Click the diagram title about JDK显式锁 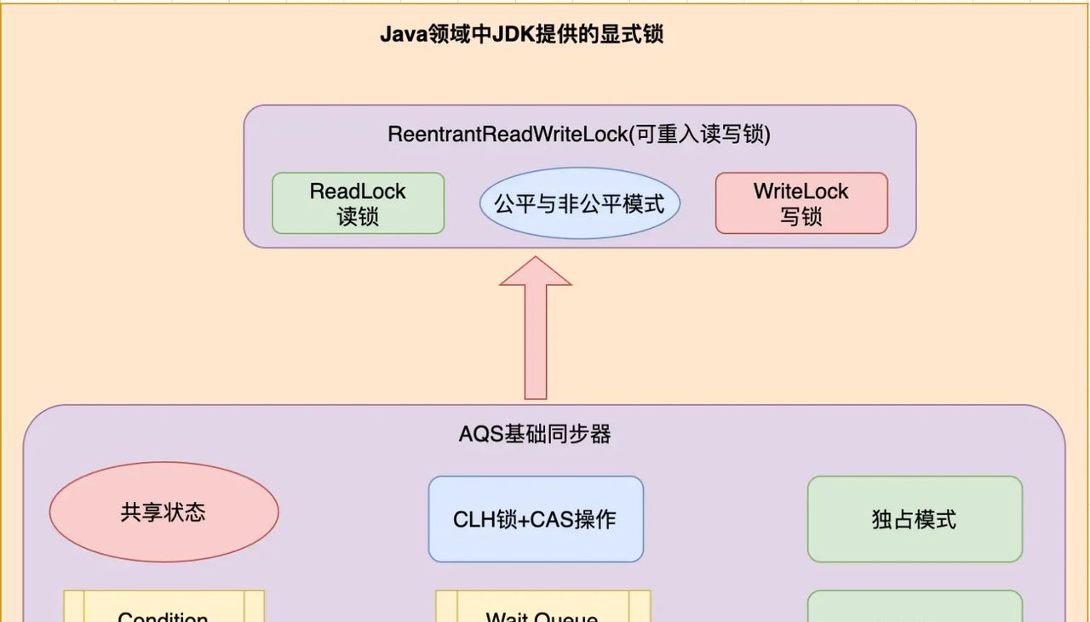[x=521, y=35]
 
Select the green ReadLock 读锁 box [x=358, y=203]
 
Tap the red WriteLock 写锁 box [x=800, y=203]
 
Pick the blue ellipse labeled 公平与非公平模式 [x=579, y=203]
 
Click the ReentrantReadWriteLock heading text [x=579, y=134]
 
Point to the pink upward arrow [x=536, y=340]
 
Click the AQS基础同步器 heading [x=535, y=434]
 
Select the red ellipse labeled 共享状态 [x=163, y=512]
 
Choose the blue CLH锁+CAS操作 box [x=535, y=519]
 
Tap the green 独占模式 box [x=915, y=519]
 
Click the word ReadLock [x=358, y=191]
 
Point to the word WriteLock [x=800, y=191]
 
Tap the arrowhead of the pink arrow [x=536, y=272]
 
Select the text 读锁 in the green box [x=358, y=216]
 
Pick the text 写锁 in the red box [x=800, y=216]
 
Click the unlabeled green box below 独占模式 [x=915, y=608]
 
